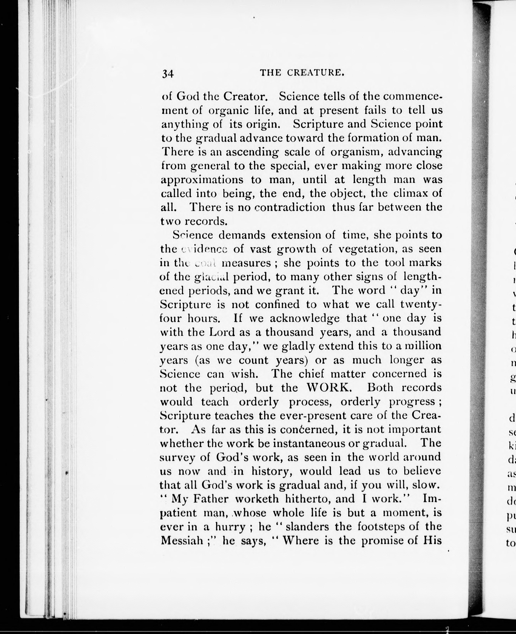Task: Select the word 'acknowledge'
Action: point(305,318)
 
